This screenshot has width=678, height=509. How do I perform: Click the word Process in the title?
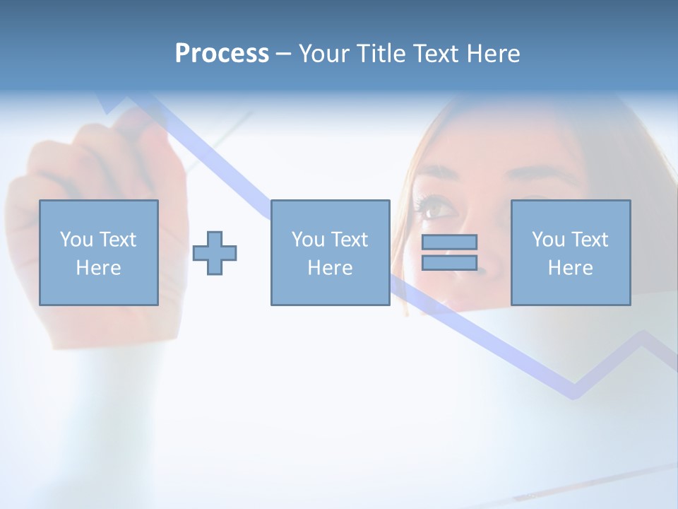[x=222, y=54]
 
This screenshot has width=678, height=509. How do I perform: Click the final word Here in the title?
[x=492, y=54]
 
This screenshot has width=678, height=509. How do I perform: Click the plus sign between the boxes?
[x=215, y=253]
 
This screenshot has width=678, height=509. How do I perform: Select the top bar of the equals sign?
[x=449, y=242]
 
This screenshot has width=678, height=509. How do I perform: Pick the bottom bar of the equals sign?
[x=449, y=263]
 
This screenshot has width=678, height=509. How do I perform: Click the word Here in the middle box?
[x=331, y=268]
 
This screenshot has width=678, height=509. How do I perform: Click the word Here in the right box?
[x=571, y=268]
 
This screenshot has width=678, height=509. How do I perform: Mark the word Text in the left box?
[x=118, y=240]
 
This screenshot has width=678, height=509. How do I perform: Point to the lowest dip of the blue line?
[x=573, y=391]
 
